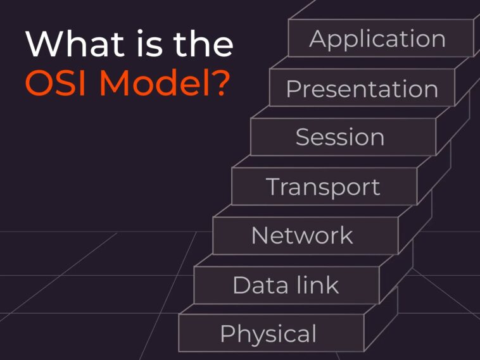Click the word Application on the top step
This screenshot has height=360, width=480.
click(x=377, y=39)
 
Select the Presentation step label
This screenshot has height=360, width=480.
click(x=362, y=89)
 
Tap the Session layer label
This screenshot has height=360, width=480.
click(x=339, y=137)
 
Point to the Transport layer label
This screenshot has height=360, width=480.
click(x=323, y=187)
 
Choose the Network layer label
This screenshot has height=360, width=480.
click(x=302, y=235)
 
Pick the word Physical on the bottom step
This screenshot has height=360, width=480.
click(x=268, y=333)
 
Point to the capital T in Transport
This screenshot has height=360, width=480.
click(x=274, y=187)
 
